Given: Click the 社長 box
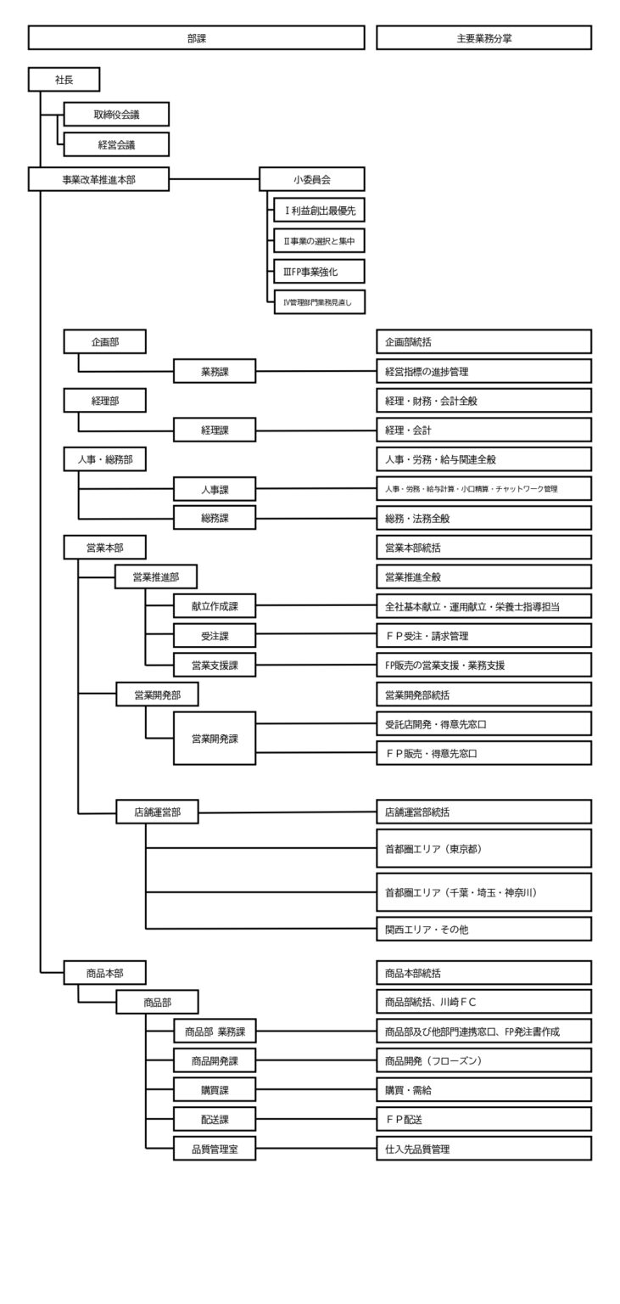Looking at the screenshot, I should tap(64, 79).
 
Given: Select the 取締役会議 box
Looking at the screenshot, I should tap(116, 115).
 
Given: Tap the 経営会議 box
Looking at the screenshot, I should tap(116, 144).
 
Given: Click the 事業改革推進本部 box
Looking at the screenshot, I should tap(98, 179).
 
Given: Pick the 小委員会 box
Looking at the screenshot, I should tap(311, 179).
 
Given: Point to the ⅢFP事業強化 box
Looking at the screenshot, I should tap(319, 271).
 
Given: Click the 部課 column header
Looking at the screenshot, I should tap(196, 38).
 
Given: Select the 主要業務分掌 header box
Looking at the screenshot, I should tap(483, 38).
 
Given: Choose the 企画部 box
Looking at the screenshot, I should tap(104, 341).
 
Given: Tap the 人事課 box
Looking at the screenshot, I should tap(215, 489).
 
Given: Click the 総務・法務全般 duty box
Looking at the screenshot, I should tap(483, 518).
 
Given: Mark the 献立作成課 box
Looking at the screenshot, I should tap(215, 606).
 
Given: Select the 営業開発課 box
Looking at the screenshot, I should tap(215, 738).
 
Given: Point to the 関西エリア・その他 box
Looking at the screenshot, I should tap(483, 929).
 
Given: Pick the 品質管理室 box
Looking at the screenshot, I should tap(215, 1149).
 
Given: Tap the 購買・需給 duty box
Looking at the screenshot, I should tap(483, 1090).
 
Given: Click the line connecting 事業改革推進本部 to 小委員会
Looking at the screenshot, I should tap(214, 179).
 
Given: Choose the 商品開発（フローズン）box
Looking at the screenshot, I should tap(483, 1060).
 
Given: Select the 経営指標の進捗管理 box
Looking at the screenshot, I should tap(483, 371).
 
